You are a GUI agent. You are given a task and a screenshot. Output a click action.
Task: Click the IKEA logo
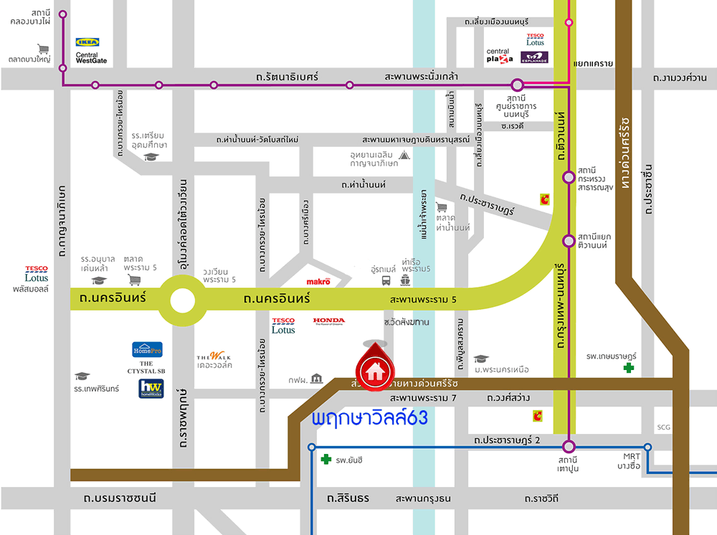[87, 42]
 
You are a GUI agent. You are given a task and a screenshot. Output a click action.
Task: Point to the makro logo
[318, 282]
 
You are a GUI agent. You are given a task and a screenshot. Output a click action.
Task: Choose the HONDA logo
[328, 321]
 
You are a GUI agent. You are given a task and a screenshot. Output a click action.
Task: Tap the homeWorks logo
[151, 389]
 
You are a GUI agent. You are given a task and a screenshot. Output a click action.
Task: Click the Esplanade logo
[534, 57]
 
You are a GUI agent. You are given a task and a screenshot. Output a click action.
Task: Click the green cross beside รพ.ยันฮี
[326, 460]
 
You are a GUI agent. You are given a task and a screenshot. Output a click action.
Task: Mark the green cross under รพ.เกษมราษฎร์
[629, 368]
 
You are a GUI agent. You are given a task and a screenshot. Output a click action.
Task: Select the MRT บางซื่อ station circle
[647, 447]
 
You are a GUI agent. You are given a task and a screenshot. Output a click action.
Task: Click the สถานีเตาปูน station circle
[569, 446]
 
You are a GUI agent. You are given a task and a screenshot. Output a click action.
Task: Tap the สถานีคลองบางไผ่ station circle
[63, 14]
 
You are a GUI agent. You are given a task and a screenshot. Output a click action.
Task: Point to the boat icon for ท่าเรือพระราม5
[405, 281]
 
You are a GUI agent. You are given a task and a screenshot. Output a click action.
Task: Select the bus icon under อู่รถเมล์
[387, 281]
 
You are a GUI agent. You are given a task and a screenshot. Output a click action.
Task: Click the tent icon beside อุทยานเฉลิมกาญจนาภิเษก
[404, 154]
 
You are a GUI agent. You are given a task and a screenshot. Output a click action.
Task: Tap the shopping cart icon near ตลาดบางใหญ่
[44, 49]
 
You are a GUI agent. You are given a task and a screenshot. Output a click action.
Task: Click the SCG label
[663, 427]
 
